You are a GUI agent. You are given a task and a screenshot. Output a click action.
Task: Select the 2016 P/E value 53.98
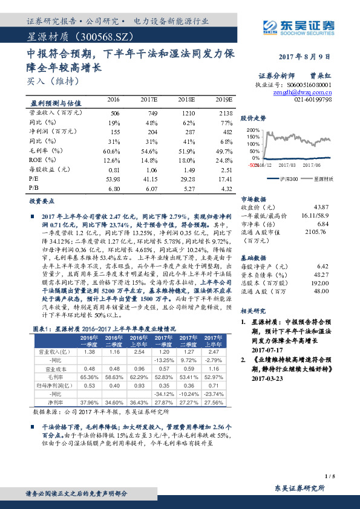tap(113, 180)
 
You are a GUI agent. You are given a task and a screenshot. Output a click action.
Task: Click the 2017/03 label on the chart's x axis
tap(287, 164)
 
